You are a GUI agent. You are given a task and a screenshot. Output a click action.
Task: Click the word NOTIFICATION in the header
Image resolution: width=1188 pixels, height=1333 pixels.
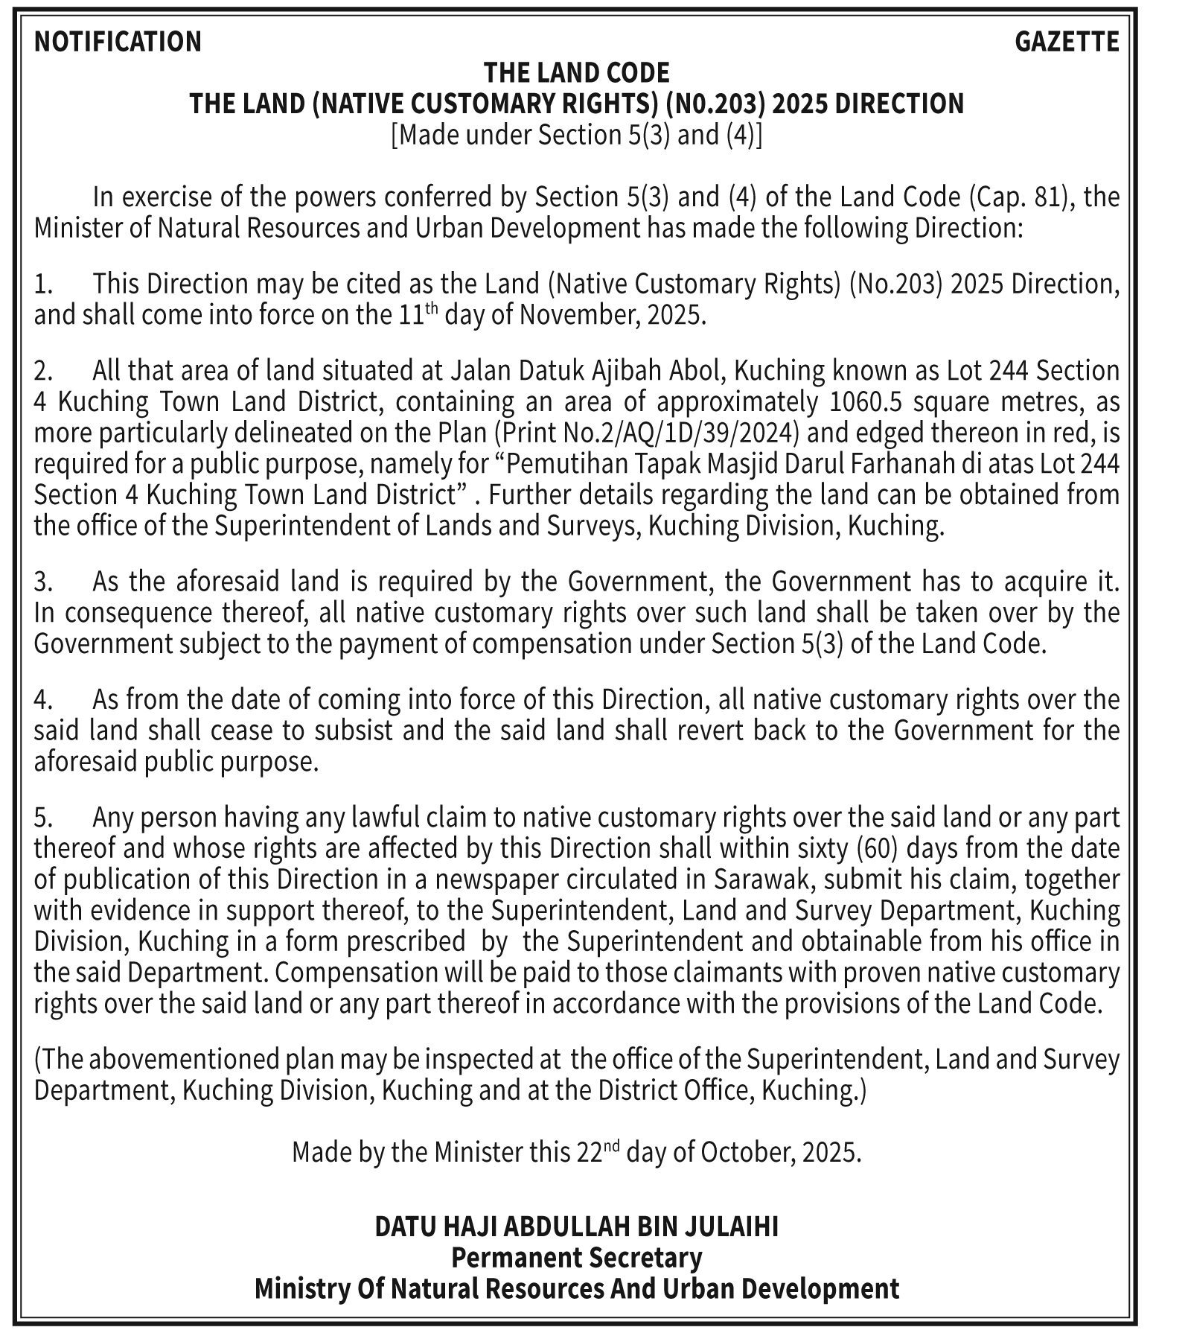click(x=118, y=42)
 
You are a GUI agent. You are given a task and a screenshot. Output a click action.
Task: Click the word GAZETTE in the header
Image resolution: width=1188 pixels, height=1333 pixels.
click(x=1067, y=42)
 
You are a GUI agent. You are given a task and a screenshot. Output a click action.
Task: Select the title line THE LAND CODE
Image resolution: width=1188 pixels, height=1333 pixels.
click(x=577, y=73)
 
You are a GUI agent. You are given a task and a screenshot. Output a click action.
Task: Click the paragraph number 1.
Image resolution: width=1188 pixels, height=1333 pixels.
click(x=43, y=284)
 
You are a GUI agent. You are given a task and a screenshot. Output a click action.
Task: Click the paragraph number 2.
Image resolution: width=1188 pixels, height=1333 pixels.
click(x=43, y=370)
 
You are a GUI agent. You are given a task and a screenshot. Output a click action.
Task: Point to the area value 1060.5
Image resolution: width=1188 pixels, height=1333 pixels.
click(x=865, y=401)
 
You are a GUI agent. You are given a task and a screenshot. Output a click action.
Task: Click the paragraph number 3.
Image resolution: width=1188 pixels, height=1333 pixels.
click(x=43, y=581)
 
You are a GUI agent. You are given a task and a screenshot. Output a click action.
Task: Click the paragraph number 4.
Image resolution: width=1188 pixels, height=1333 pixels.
click(x=43, y=699)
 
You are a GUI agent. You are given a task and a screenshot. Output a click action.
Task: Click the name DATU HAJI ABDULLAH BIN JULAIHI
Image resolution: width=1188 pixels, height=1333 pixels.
click(x=577, y=1227)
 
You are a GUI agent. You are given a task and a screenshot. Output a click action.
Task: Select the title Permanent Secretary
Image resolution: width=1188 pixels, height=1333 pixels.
click(x=577, y=1258)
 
